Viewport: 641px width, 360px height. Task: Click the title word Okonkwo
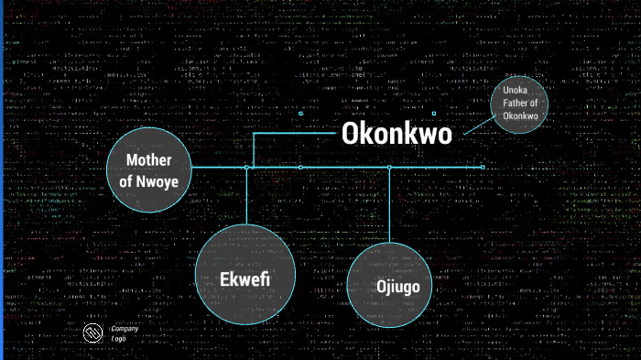tap(397, 134)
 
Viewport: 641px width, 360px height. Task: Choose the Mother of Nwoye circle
tap(149, 169)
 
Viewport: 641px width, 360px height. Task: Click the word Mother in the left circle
tap(149, 159)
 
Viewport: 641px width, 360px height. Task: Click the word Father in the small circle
tap(517, 104)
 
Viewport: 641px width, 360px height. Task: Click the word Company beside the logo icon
tap(125, 328)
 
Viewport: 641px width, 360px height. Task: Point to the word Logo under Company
tap(118, 338)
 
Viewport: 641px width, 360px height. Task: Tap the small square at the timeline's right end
tap(483, 167)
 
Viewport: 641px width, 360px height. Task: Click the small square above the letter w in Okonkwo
tap(433, 114)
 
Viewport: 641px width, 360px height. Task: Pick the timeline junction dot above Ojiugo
tap(390, 168)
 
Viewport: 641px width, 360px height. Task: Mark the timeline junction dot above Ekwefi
tap(247, 168)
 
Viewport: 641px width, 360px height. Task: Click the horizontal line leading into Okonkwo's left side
tap(293, 134)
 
